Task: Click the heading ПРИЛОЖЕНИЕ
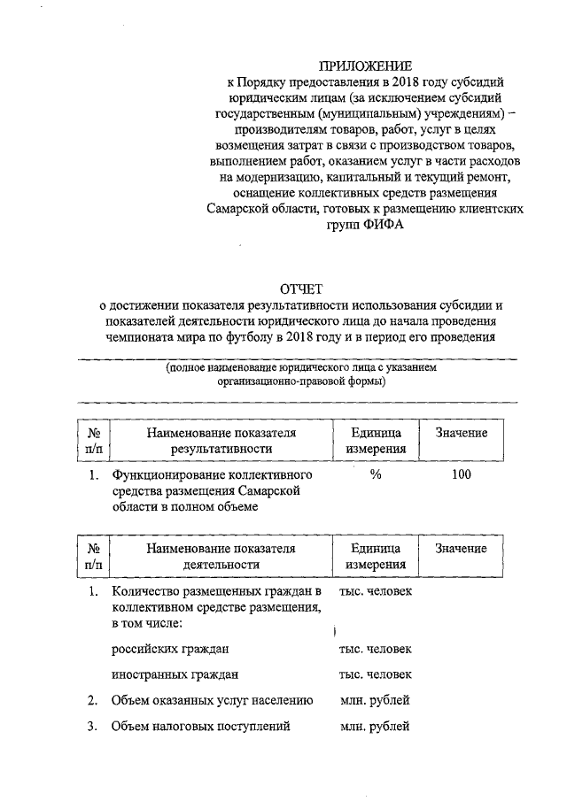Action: [x=366, y=65]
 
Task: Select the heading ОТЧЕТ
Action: [x=302, y=289]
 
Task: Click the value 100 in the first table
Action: [x=461, y=475]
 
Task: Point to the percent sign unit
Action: [x=376, y=475]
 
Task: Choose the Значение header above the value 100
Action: [x=461, y=433]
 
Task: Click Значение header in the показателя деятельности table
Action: [x=461, y=549]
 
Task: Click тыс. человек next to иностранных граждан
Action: [x=375, y=674]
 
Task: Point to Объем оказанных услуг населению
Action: [x=213, y=701]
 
